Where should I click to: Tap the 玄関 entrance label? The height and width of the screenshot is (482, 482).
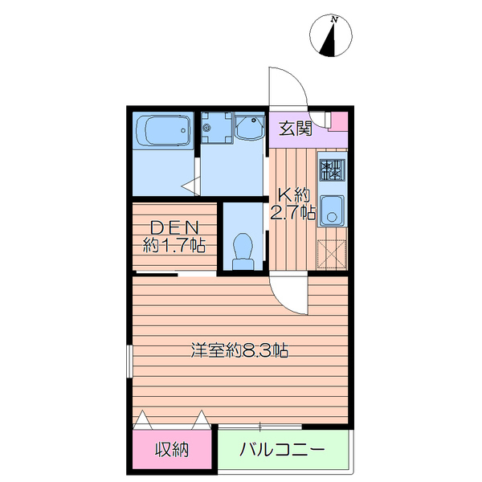295,127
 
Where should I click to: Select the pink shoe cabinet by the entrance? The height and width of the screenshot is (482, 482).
338,121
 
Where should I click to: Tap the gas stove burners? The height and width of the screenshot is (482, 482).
333,170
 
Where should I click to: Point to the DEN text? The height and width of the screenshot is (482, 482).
173,227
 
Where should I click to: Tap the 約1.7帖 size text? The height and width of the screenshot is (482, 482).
174,246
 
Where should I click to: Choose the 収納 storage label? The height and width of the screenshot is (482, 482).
172,450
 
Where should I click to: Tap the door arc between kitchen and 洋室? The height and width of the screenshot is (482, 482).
289,297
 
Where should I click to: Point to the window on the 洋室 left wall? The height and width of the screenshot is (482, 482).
128,361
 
